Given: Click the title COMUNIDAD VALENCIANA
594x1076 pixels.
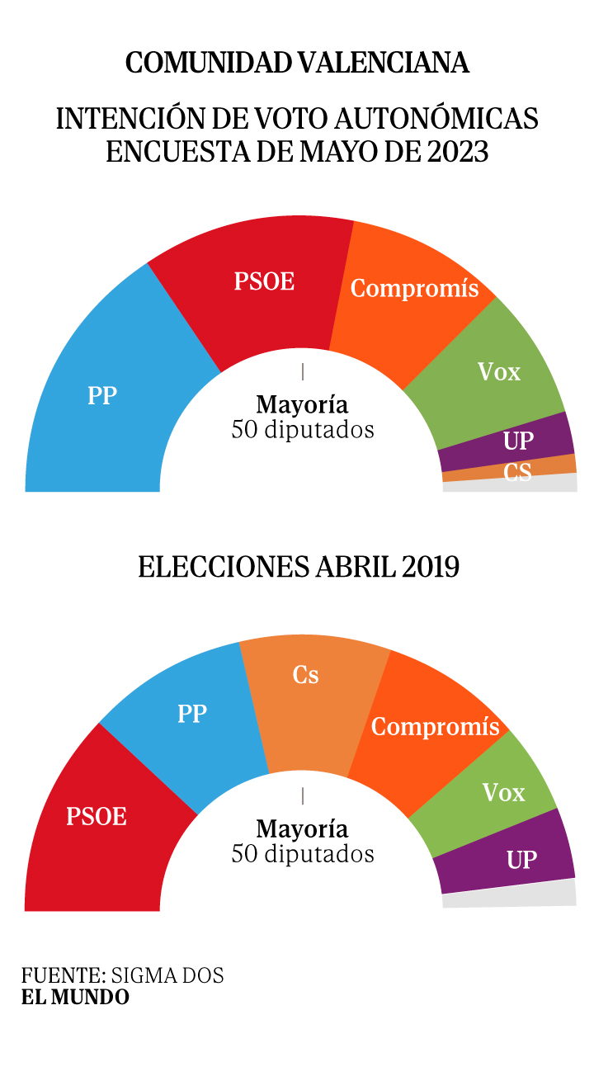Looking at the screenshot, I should [297, 63].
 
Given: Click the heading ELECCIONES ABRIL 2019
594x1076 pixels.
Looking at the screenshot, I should [298, 568].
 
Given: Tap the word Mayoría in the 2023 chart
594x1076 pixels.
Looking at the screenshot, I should [302, 405].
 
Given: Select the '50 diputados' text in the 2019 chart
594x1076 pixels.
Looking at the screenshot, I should [303, 853].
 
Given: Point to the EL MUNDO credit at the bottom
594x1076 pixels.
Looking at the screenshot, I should [75, 997].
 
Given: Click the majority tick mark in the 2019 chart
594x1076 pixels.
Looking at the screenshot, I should [303, 795].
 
